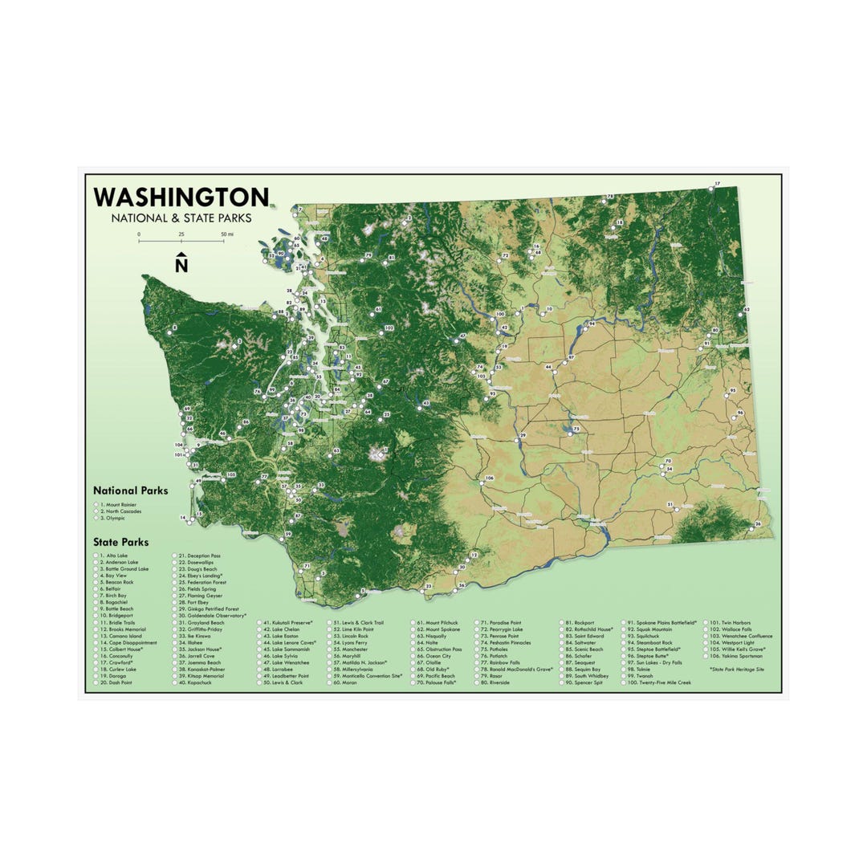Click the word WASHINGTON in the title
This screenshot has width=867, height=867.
(x=181, y=197)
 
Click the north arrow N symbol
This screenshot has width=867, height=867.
(x=181, y=263)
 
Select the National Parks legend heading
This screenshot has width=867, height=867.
(x=130, y=490)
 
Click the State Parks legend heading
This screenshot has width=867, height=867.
(x=120, y=543)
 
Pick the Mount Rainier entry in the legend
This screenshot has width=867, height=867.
(x=119, y=504)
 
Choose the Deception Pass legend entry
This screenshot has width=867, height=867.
(x=204, y=556)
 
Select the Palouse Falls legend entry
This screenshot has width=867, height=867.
(x=440, y=682)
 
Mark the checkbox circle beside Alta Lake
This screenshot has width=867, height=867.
(x=96, y=556)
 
